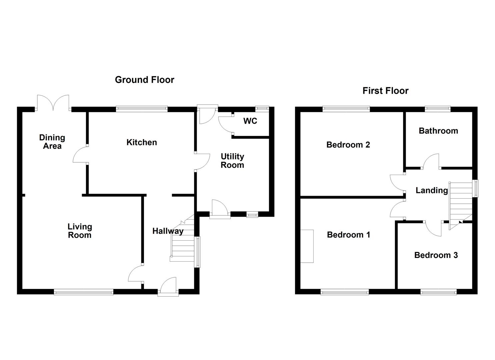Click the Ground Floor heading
[x=145, y=80]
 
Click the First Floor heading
[x=385, y=91]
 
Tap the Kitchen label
[x=142, y=142]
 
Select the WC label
[x=250, y=121]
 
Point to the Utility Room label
[x=232, y=161]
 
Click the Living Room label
[x=80, y=231]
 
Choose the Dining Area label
[x=52, y=142]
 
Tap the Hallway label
[x=168, y=231]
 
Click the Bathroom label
[x=438, y=131]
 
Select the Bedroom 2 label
[x=348, y=145]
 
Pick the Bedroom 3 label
[x=436, y=255]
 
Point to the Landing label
[x=432, y=190]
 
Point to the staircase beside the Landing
[x=460, y=206]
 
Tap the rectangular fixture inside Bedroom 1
[x=307, y=246]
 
